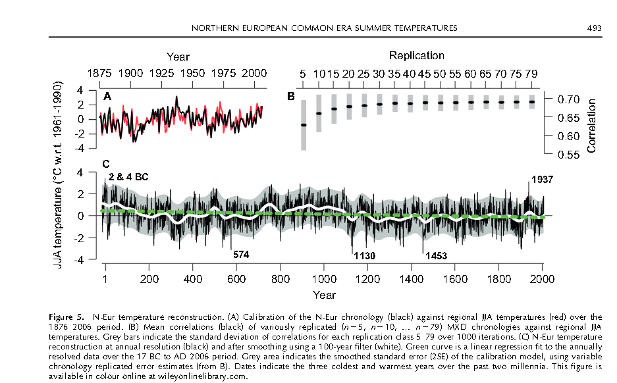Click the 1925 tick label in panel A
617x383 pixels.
click(162, 73)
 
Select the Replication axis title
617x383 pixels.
click(416, 56)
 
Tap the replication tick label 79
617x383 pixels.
click(531, 73)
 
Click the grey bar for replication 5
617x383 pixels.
click(304, 125)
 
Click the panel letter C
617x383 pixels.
click(105, 164)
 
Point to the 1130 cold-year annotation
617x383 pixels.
click(365, 256)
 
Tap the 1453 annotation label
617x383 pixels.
click(437, 256)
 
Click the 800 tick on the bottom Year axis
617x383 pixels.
click(280, 278)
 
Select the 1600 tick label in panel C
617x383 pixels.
click(454, 278)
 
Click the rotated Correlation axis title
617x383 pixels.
click(591, 126)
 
